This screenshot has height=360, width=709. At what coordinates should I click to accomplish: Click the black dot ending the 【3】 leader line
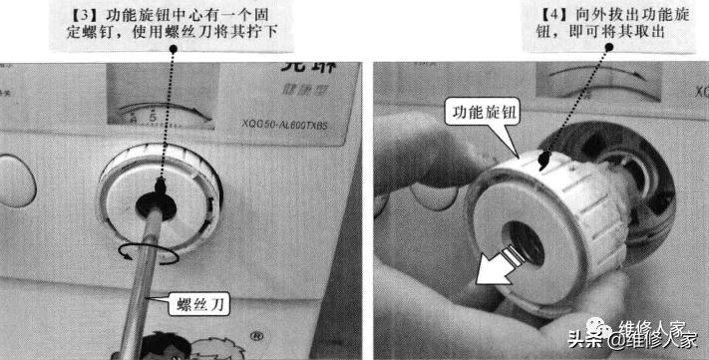pos(160,184)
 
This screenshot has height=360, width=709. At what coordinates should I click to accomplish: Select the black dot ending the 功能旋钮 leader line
pos(543,155)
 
